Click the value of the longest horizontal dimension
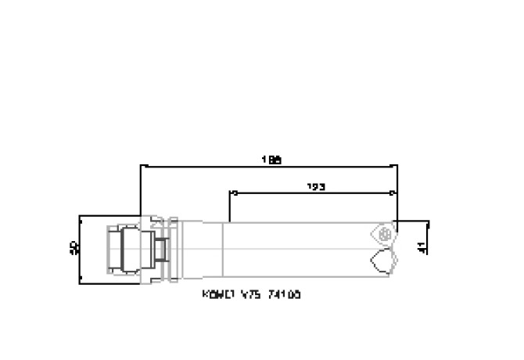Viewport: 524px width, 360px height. point(271,160)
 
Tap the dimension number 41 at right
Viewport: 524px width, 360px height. point(422,248)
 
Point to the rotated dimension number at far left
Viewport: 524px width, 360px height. point(74,248)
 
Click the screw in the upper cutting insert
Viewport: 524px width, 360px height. point(383,233)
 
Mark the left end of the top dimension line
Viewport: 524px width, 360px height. point(141,166)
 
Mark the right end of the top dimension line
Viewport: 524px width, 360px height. point(397,166)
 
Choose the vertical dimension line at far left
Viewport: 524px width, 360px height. point(81,248)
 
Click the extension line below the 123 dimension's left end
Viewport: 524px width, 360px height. point(229,207)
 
